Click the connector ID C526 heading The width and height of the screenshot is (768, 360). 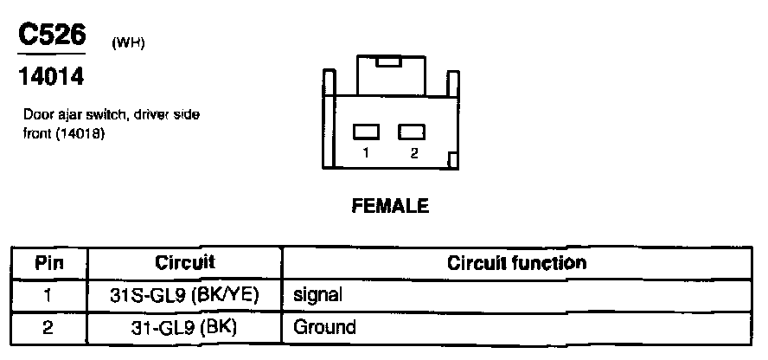[52, 36]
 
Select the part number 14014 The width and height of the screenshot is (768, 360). [51, 78]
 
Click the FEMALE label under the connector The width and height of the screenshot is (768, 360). [390, 206]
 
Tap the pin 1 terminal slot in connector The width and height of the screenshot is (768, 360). [367, 132]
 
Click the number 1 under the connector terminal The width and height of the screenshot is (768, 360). [367, 152]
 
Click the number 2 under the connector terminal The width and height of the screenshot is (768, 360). [414, 152]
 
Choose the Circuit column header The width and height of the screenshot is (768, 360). [185, 261]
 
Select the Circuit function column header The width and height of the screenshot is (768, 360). [516, 261]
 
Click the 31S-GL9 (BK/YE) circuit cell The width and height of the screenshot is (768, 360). [185, 294]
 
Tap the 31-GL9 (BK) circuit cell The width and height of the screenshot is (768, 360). [185, 327]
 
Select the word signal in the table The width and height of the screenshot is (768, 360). [318, 294]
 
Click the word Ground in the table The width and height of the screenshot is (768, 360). [324, 327]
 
